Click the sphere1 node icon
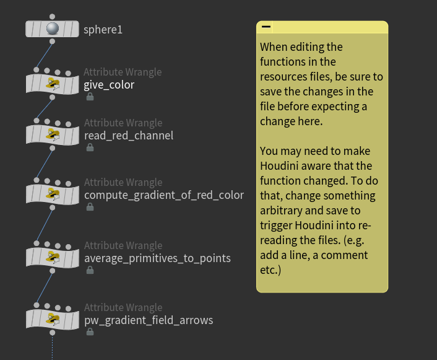[53, 29]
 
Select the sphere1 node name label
[103, 29]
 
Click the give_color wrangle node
[53, 84]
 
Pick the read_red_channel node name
[129, 136]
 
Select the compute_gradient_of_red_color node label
[164, 195]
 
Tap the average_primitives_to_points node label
[157, 258]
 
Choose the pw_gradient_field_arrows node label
[149, 320]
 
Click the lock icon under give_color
[90, 97]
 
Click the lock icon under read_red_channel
[90, 147]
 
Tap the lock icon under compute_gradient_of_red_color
[90, 207]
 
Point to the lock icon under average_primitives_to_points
[90, 270]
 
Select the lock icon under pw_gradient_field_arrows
[90, 332]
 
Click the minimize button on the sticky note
[266, 27]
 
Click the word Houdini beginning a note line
[279, 165]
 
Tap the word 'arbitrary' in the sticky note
[283, 211]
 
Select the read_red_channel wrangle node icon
[53, 134]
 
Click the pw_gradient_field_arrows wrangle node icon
[53, 319]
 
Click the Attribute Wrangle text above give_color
[123, 72]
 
